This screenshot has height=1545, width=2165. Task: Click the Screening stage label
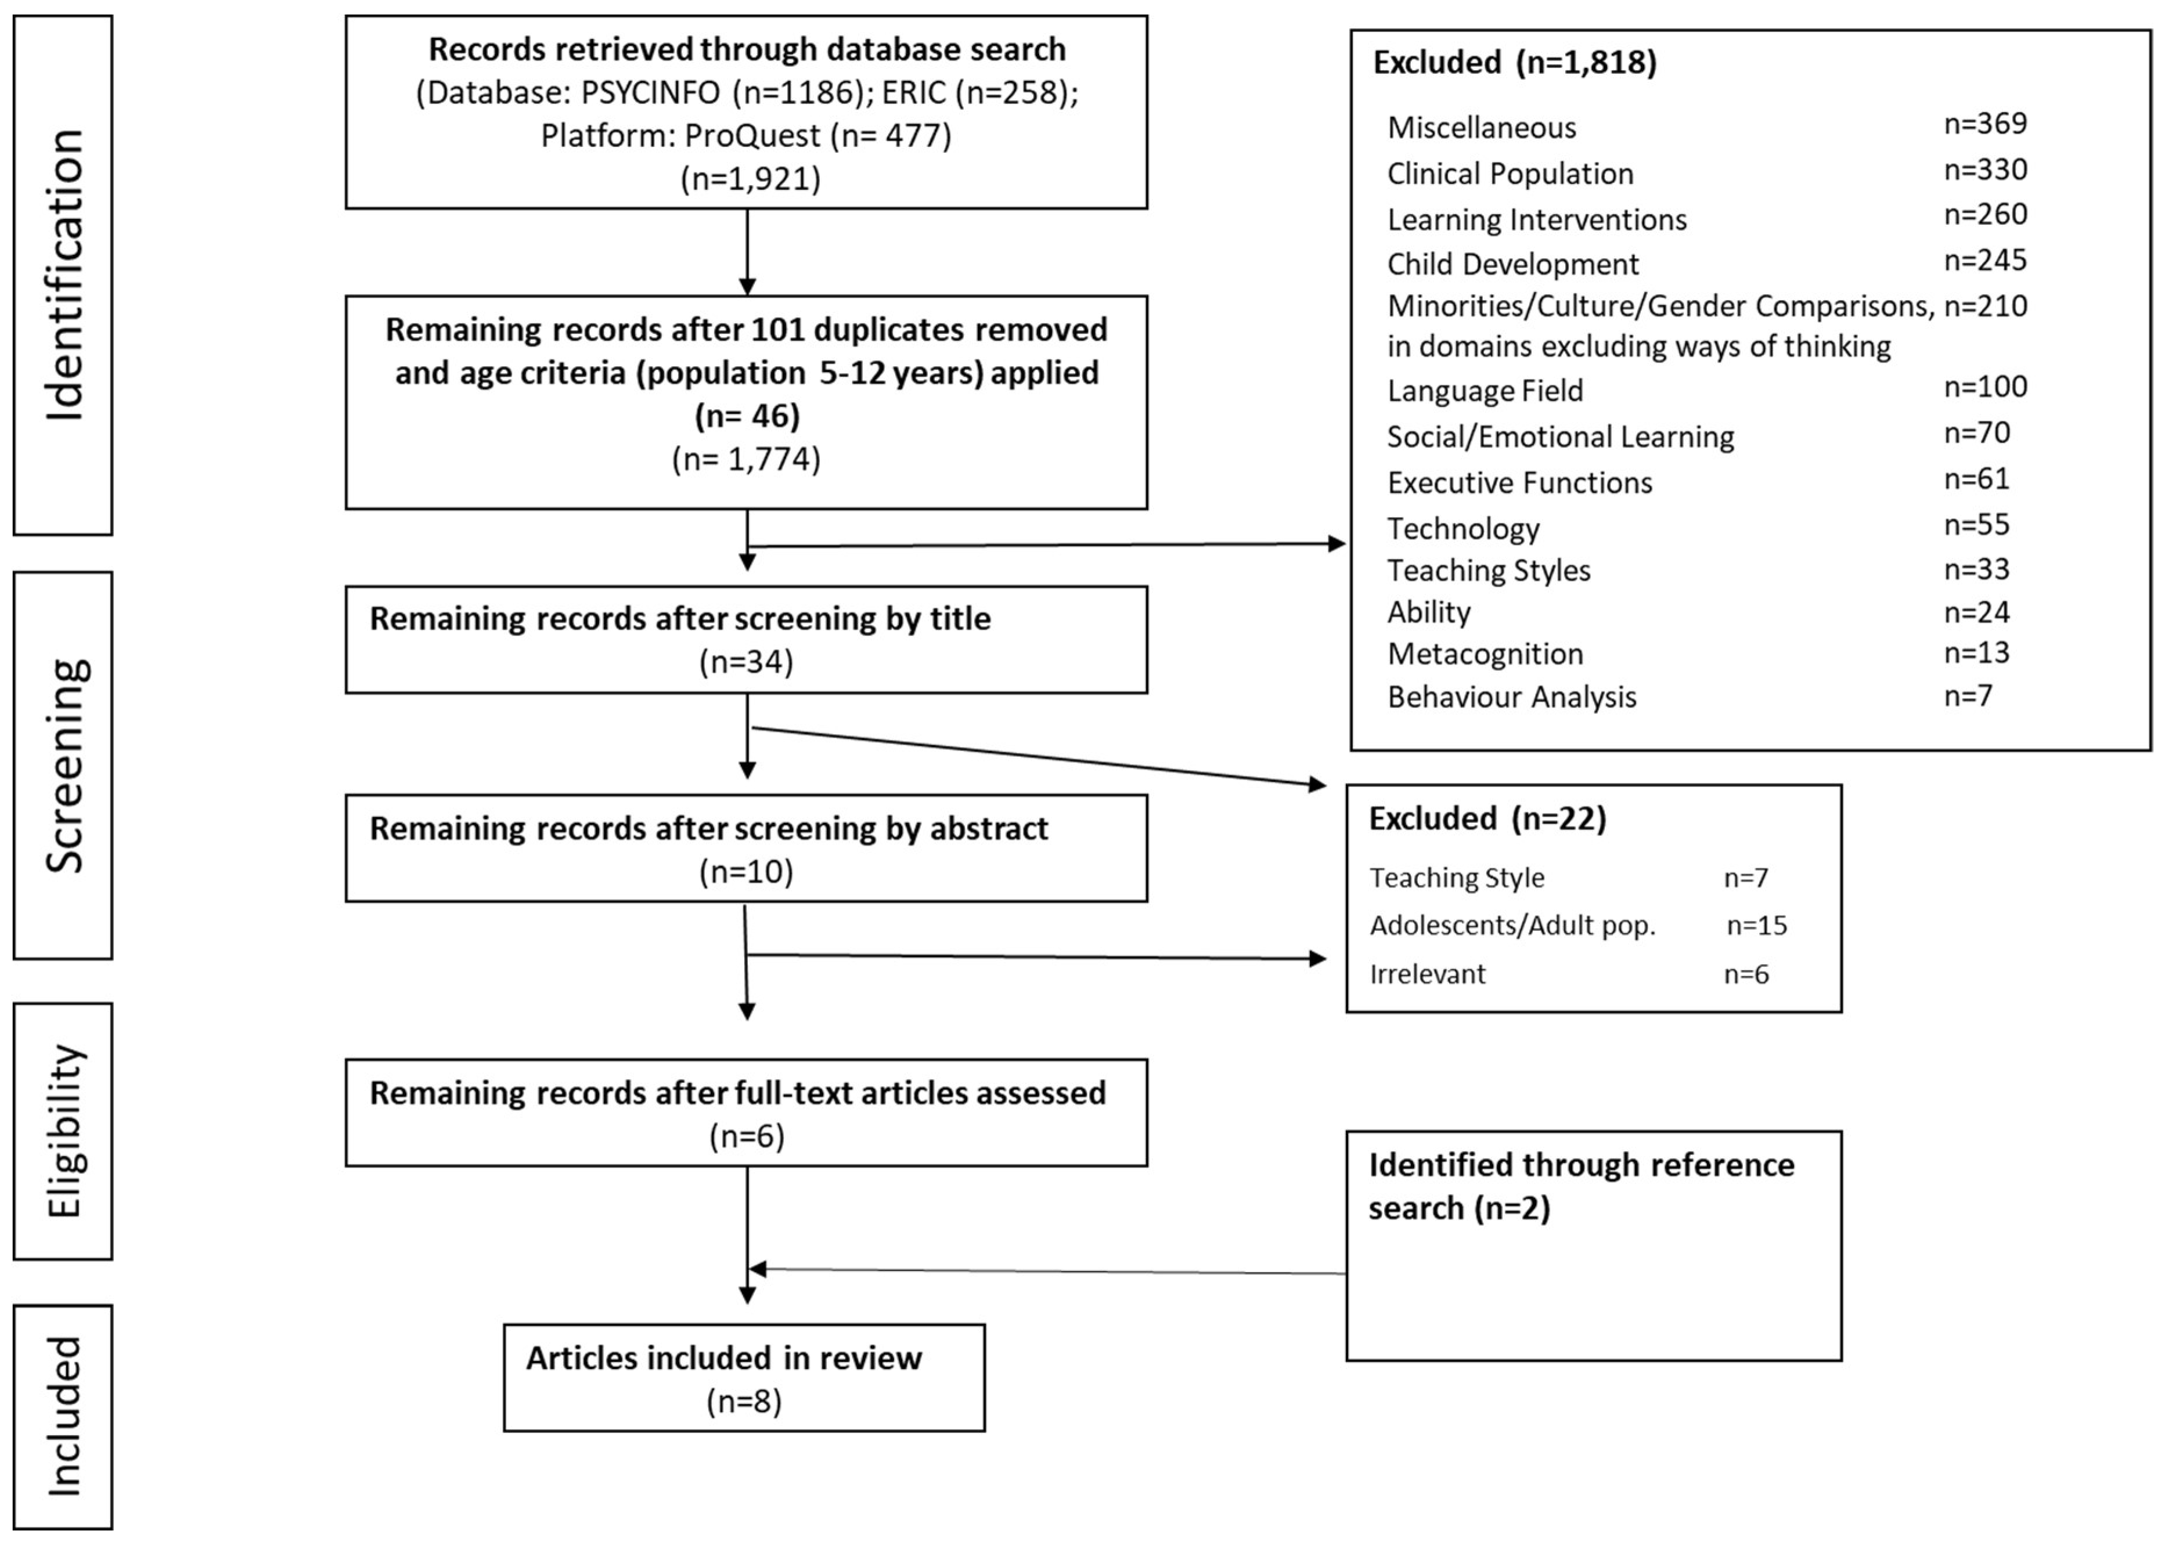pyautogui.click(x=64, y=766)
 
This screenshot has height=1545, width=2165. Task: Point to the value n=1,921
pyautogui.click(x=750, y=179)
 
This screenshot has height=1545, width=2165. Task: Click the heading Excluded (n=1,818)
pyautogui.click(x=1514, y=63)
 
